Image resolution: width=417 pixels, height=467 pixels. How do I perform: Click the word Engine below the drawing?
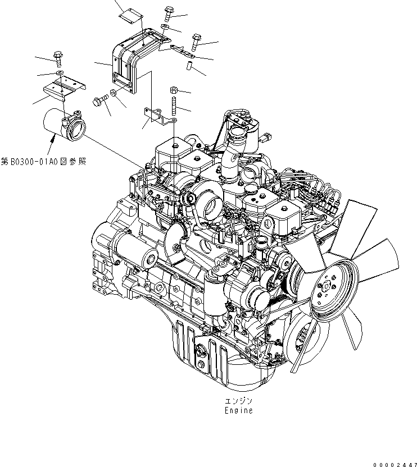(x=238, y=410)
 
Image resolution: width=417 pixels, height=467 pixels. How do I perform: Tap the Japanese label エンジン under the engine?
(x=238, y=401)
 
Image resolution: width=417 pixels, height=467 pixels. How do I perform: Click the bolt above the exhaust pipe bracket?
(x=58, y=56)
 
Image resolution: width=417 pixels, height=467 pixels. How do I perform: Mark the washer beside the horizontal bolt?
(x=114, y=92)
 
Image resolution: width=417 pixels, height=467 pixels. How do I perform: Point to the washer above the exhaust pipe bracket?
(x=59, y=73)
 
